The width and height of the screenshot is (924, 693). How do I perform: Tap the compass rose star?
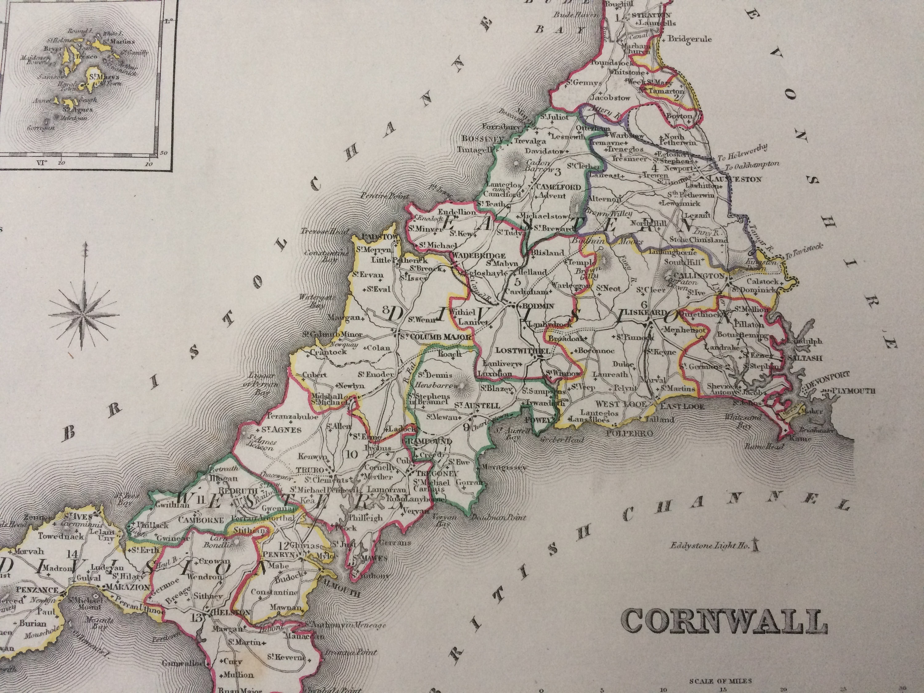click(x=84, y=314)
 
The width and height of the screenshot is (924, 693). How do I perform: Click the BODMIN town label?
click(x=535, y=306)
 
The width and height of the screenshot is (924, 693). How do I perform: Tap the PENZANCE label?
click(x=37, y=590)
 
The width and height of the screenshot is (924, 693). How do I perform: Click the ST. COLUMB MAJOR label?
click(x=435, y=337)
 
